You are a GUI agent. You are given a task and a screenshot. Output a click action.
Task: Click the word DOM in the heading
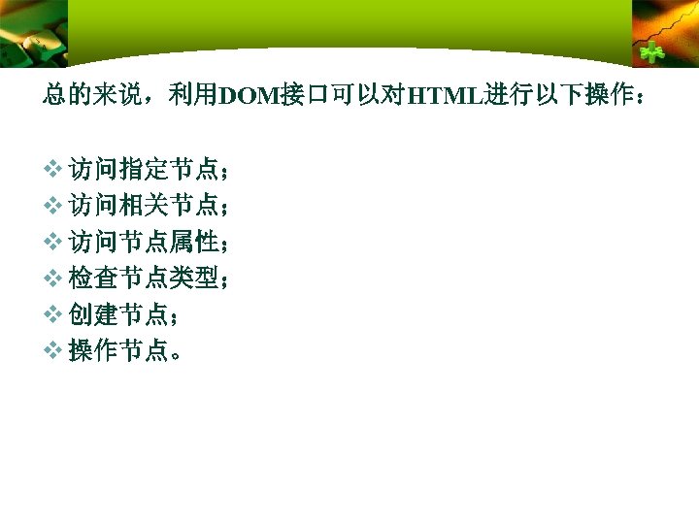tap(249, 96)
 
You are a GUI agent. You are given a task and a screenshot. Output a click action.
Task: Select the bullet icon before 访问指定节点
tap(53, 171)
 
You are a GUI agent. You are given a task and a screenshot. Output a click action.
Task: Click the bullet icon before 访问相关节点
tap(53, 207)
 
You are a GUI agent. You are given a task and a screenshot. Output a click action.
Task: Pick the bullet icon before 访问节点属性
tap(53, 243)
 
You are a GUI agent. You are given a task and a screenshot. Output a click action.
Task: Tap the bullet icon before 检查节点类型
tap(53, 278)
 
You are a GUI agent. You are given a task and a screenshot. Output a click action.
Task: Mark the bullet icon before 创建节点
tap(53, 314)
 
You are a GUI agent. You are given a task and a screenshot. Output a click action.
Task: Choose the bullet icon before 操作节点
tap(53, 350)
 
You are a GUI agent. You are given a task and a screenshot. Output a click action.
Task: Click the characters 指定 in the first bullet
tap(143, 171)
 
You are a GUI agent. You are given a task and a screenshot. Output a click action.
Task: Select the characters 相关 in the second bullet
tap(143, 207)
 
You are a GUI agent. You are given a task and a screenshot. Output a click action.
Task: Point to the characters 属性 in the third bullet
tap(193, 243)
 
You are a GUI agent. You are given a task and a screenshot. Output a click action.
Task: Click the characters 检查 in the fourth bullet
tap(92, 278)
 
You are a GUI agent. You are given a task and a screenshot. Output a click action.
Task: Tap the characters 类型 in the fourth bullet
tap(193, 278)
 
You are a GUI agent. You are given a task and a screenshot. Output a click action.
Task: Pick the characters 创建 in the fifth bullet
tap(92, 314)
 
